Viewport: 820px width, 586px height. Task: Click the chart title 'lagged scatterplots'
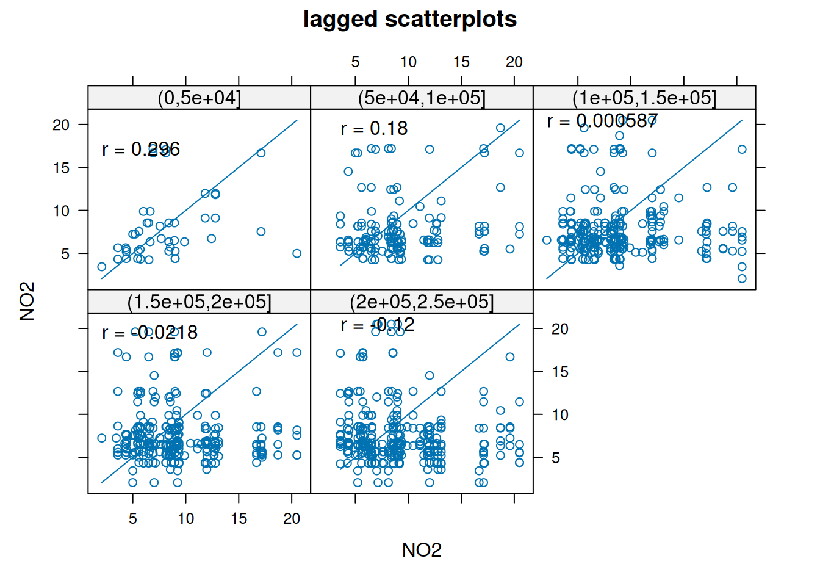(x=409, y=20)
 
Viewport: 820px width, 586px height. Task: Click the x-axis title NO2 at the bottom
(x=422, y=550)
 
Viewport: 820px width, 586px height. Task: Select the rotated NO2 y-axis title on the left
(x=27, y=301)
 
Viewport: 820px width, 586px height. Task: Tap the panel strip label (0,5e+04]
(x=199, y=98)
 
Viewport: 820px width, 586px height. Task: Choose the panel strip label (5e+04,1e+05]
(x=422, y=98)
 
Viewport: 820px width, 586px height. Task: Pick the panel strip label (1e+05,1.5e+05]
(x=644, y=98)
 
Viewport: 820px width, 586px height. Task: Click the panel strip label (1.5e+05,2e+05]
(x=199, y=302)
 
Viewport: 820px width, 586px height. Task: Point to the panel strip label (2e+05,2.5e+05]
(x=422, y=302)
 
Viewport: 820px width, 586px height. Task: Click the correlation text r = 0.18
(x=374, y=129)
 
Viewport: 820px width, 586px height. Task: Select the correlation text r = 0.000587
(x=602, y=121)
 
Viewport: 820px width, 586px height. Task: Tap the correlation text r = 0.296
(x=141, y=150)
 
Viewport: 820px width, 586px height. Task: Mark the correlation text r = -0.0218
(x=149, y=333)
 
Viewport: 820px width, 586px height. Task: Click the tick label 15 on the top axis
(x=461, y=62)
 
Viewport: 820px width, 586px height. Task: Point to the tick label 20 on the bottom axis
(x=292, y=518)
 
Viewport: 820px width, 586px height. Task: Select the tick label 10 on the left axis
(x=61, y=211)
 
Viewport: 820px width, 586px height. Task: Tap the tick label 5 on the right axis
(x=556, y=458)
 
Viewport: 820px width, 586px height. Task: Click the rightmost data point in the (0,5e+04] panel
(x=297, y=253)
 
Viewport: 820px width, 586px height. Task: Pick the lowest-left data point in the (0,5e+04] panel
(x=102, y=267)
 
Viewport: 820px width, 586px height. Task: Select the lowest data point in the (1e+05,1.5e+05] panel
(x=742, y=278)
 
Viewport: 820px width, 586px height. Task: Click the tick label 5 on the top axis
(x=355, y=62)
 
